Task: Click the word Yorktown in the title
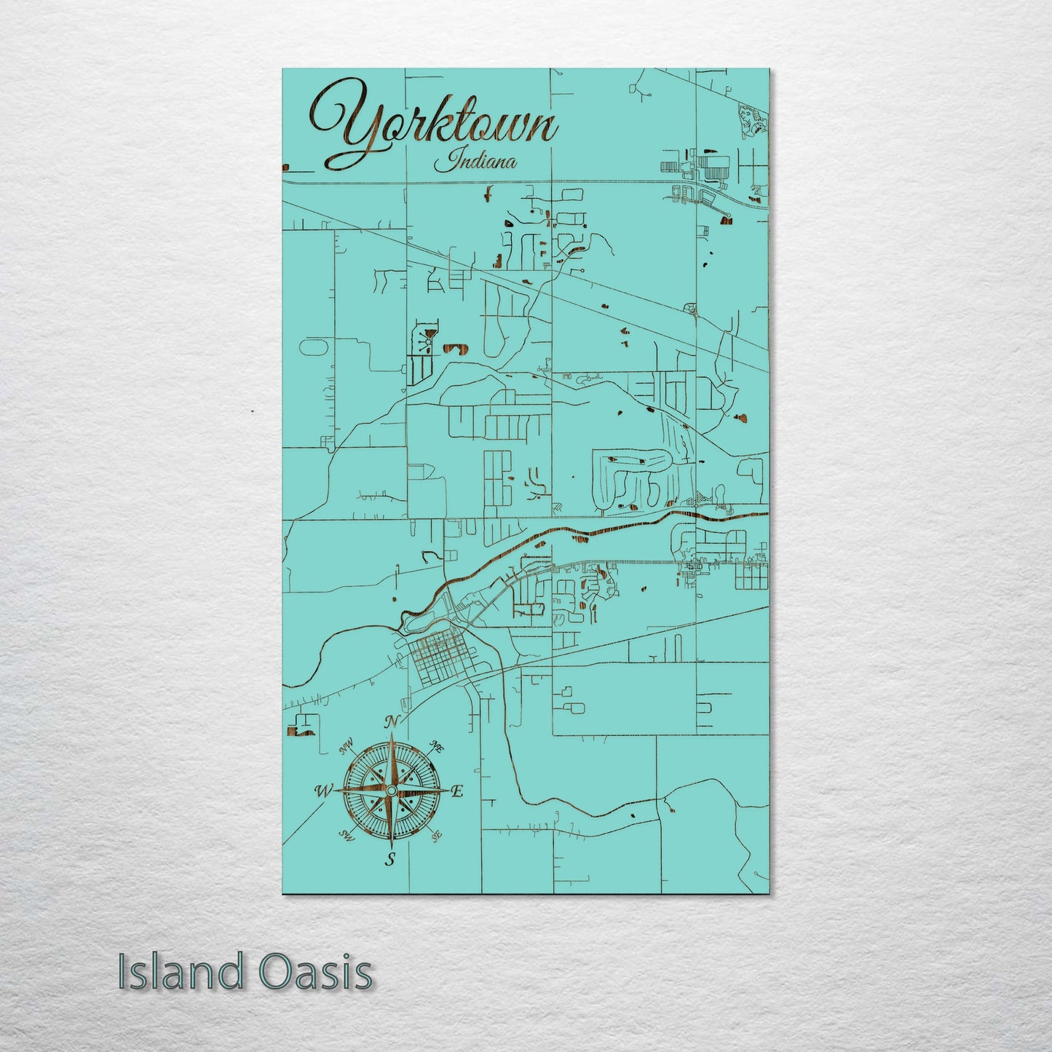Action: coord(435,123)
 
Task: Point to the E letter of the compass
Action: coord(457,792)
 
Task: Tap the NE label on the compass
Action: coord(438,746)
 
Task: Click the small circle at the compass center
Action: coord(391,791)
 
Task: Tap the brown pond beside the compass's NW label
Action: coord(300,730)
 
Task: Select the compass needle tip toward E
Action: coord(445,791)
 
